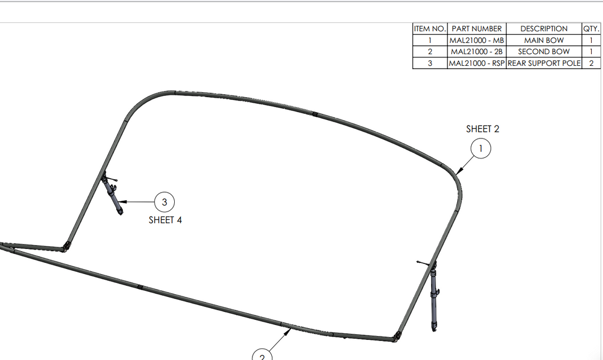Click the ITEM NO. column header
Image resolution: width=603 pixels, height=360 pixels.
point(430,29)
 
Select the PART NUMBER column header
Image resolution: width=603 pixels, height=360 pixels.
point(476,29)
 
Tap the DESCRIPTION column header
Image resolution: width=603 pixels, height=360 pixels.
point(544,29)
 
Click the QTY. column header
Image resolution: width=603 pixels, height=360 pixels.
point(591,29)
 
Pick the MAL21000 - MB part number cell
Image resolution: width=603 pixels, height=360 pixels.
point(476,40)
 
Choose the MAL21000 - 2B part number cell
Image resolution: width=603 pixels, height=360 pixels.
point(476,51)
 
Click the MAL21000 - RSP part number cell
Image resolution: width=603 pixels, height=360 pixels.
point(476,63)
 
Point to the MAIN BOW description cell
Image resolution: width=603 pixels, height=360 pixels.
point(544,40)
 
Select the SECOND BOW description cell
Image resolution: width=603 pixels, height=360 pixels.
point(544,51)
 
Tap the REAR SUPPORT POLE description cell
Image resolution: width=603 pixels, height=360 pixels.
point(544,63)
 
